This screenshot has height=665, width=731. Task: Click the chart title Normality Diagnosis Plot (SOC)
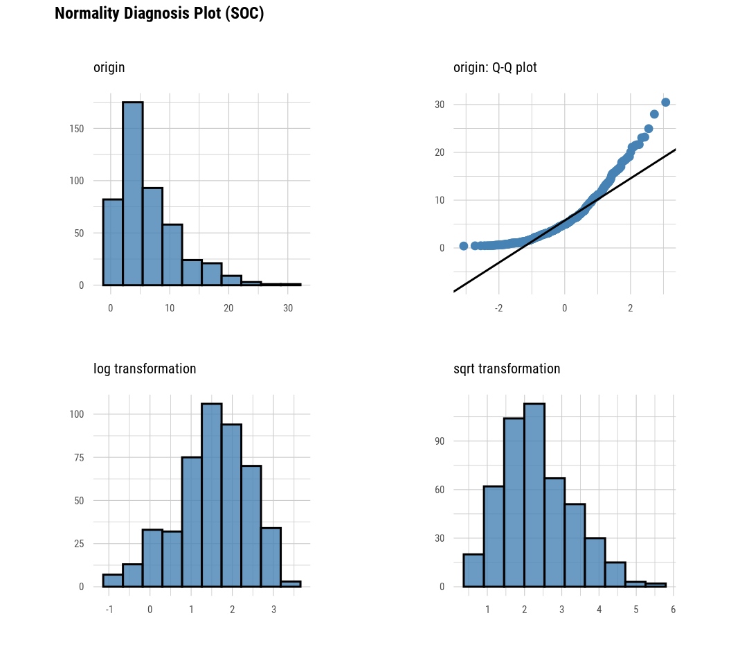coord(159,14)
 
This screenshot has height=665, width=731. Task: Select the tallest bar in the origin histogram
coord(133,194)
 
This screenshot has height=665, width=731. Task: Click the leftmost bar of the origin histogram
coord(113,242)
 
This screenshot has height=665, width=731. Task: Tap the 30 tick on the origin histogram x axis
coord(288,308)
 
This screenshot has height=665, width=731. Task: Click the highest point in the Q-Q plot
coord(665,103)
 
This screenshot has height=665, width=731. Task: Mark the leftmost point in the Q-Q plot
coord(464,246)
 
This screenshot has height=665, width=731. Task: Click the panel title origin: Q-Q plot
coord(495,68)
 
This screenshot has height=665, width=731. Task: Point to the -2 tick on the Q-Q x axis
coord(498,308)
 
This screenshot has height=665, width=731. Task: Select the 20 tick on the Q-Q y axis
coord(440,153)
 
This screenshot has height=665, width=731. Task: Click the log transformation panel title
coord(145,369)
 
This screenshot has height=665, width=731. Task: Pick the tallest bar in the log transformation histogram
coord(212,495)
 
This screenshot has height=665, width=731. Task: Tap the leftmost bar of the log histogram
coord(113,581)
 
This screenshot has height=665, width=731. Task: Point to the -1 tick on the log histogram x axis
coord(109,610)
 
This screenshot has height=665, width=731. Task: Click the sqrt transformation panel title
coord(507,369)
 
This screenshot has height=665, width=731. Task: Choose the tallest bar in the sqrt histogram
coord(534,495)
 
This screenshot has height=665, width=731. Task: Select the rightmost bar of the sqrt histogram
coord(656,585)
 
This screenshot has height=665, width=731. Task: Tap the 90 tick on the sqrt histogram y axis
coord(439,441)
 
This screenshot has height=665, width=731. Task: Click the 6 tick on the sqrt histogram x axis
coord(673,610)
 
